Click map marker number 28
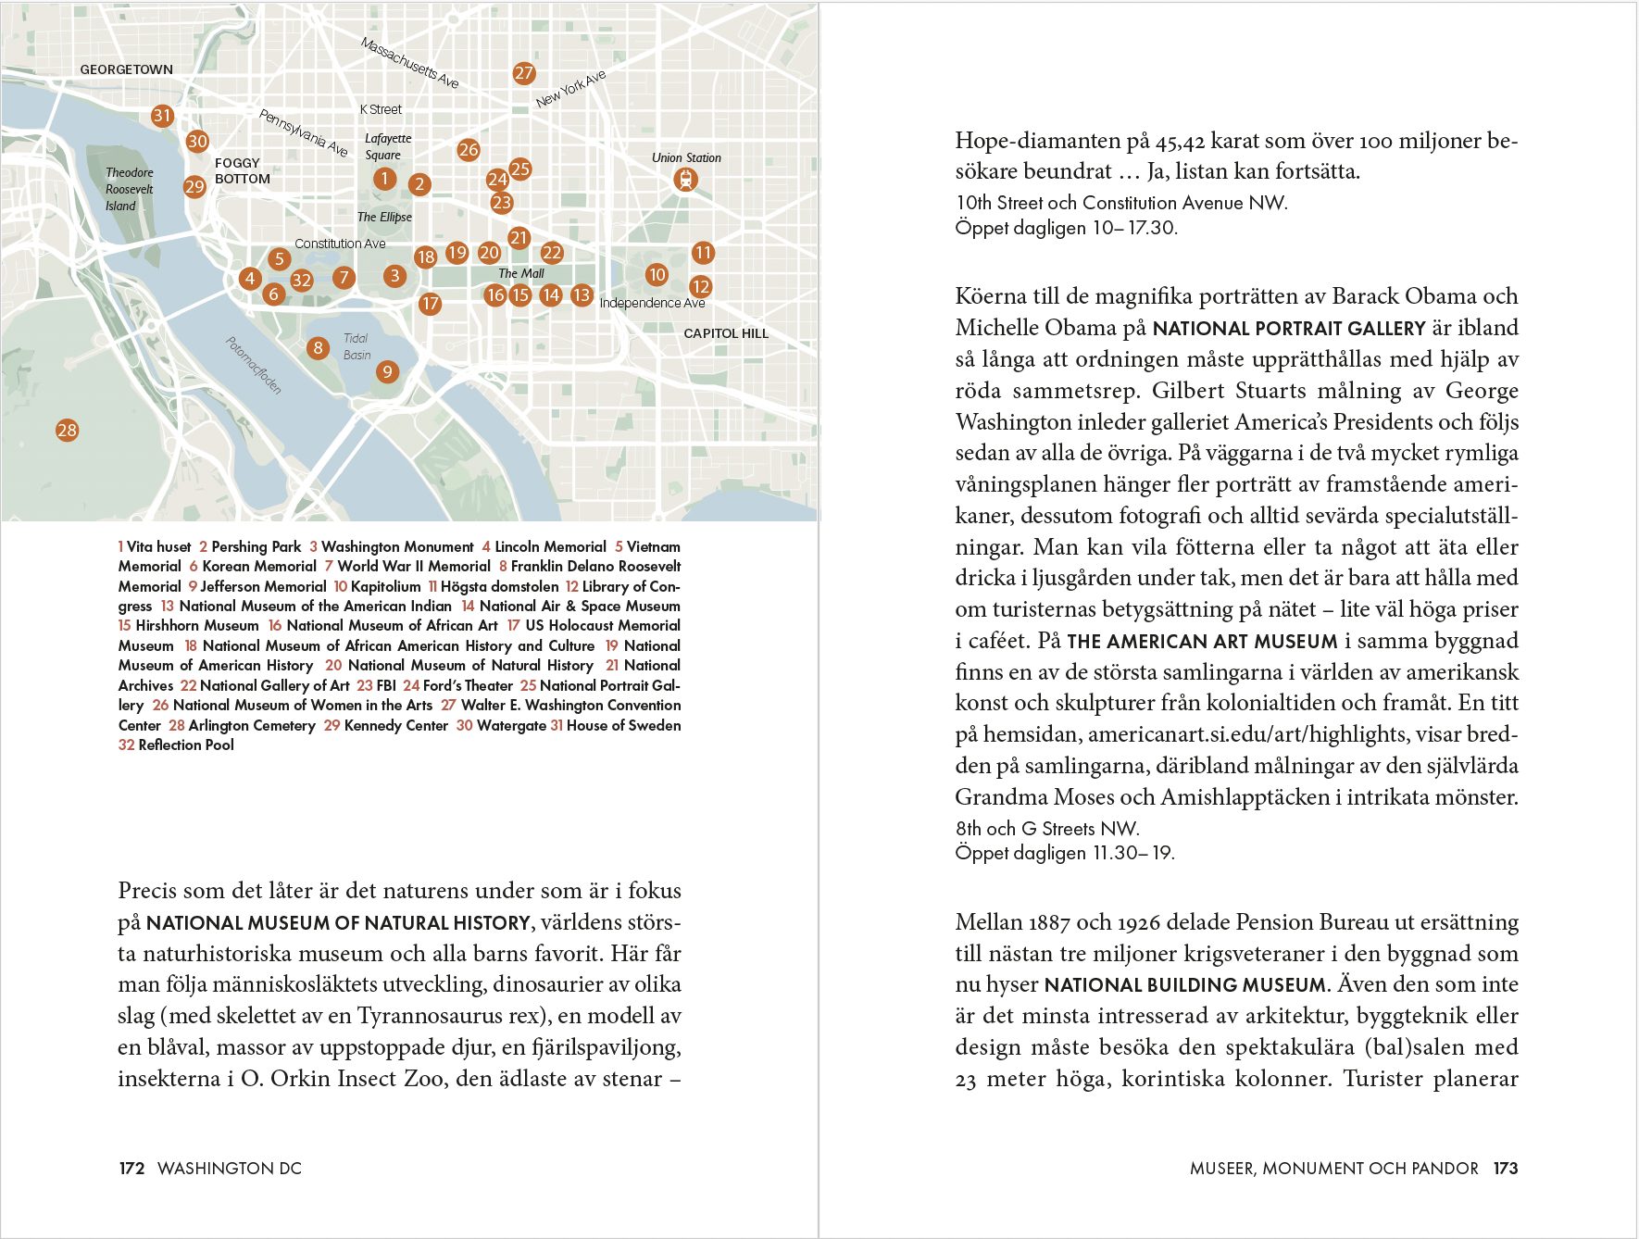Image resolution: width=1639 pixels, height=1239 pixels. coord(67,430)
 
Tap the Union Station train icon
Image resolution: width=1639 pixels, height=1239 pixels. coord(685,180)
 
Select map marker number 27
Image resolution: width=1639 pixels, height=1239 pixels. coord(524,73)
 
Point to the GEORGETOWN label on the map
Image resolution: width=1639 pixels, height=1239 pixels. coord(126,69)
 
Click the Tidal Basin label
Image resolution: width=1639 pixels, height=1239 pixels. coord(357,346)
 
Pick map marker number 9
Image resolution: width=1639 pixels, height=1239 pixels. coord(387,372)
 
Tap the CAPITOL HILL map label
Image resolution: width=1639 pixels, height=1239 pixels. coord(726,333)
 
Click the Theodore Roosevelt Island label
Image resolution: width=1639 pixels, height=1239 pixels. coord(129,189)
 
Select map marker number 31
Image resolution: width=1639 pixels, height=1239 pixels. coord(162,116)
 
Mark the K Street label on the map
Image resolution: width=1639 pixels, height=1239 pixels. coord(381,109)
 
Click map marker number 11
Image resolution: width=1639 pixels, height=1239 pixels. coord(703,253)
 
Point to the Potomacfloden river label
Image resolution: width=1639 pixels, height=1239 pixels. coord(253,365)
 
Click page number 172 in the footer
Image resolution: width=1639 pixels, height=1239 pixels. coord(131,1169)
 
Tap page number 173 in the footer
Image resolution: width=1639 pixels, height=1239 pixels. coord(1506,1169)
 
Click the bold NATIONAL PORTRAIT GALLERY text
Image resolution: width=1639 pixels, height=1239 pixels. coord(1289,329)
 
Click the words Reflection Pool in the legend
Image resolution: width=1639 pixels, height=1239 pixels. coord(186,745)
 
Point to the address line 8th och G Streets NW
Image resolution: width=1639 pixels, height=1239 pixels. coord(1047,829)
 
